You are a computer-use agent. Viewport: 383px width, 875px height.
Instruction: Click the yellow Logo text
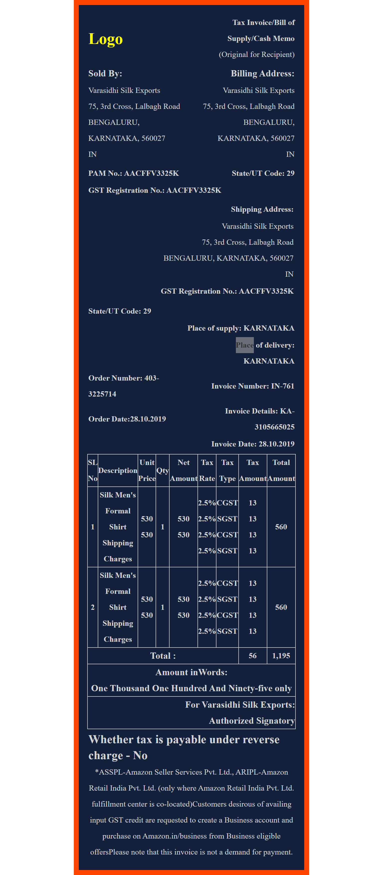pyautogui.click(x=105, y=39)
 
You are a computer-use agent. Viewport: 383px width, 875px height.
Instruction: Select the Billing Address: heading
pyautogui.click(x=262, y=73)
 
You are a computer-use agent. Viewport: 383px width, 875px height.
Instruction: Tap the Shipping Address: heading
pyautogui.click(x=262, y=209)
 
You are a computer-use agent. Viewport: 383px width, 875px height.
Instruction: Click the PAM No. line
pyautogui.click(x=133, y=173)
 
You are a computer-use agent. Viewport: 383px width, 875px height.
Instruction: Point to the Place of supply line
pyautogui.click(x=241, y=328)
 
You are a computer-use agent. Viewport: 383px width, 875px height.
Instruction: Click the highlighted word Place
pyautogui.click(x=245, y=345)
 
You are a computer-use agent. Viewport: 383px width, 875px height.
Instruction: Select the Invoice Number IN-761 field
pyautogui.click(x=252, y=386)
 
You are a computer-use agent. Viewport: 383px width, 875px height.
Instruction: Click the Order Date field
pyautogui.click(x=127, y=419)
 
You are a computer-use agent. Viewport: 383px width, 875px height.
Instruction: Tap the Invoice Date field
pyautogui.click(x=252, y=444)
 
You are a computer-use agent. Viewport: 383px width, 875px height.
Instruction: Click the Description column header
pyautogui.click(x=118, y=470)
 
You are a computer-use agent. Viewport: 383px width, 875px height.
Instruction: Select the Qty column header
pyautogui.click(x=163, y=470)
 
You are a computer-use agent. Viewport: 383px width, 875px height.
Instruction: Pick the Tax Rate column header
pyautogui.click(x=207, y=470)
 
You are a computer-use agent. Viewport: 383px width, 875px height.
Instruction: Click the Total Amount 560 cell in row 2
pyautogui.click(x=281, y=607)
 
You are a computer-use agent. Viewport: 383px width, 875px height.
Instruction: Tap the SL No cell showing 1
pyautogui.click(x=93, y=527)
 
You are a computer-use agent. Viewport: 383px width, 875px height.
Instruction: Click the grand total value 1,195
pyautogui.click(x=281, y=656)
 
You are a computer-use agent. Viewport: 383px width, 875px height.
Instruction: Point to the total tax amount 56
pyautogui.click(x=252, y=656)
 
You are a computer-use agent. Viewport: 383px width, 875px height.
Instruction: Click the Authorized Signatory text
pyautogui.click(x=251, y=721)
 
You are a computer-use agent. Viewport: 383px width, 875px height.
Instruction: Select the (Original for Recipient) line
pyautogui.click(x=257, y=54)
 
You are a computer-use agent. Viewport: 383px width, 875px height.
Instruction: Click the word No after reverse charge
pyautogui.click(x=140, y=755)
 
